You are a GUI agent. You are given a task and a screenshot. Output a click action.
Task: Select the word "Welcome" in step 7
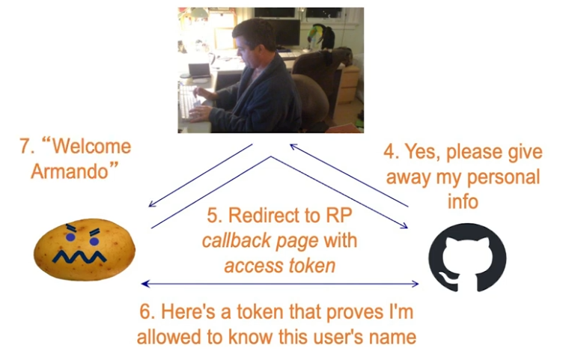(x=88, y=146)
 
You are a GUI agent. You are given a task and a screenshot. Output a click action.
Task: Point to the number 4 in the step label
(x=390, y=153)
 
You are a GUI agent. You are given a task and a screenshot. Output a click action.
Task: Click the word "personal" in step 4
(x=502, y=177)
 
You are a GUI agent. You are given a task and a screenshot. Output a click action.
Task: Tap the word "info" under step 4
(x=463, y=202)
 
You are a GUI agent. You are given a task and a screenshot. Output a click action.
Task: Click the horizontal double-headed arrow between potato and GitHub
(x=281, y=284)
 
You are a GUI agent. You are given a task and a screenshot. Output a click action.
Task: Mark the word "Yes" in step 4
(x=424, y=153)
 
